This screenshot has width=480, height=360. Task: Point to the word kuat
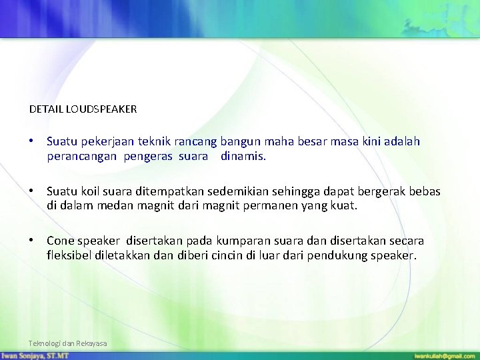point(344,206)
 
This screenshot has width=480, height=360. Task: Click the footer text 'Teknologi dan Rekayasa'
point(67,343)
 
